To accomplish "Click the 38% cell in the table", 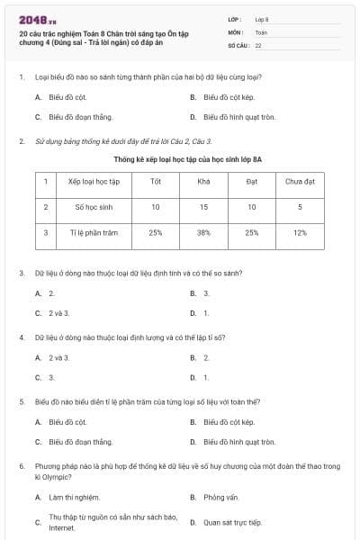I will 203,232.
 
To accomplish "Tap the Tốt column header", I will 156,181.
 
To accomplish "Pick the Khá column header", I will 203,181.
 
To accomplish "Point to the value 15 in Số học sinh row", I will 203,206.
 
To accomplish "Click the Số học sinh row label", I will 93,206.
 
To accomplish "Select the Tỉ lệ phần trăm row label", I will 93,232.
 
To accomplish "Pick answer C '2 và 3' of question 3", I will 58,312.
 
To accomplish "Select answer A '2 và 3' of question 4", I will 58,357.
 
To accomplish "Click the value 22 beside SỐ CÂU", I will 259,44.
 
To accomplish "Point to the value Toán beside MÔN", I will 261,31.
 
